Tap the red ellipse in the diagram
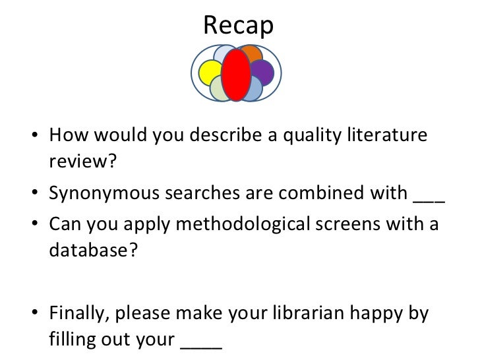coord(234,75)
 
